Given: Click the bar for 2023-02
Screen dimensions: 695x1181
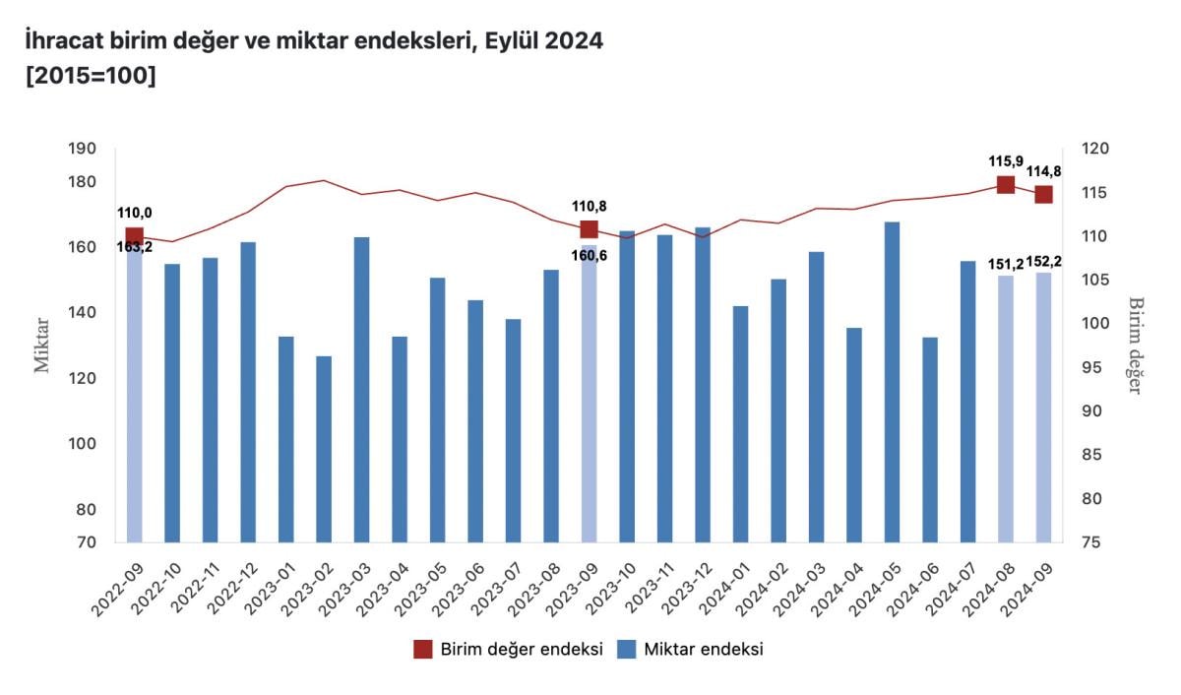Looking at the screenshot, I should tap(324, 448).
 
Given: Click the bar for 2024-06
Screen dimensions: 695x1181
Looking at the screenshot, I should tap(930, 439).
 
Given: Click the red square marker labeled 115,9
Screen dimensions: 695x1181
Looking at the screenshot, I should tap(1006, 184).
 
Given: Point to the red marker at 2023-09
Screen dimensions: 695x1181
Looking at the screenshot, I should tap(589, 229).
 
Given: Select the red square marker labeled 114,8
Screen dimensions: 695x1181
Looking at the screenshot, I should tap(1043, 194).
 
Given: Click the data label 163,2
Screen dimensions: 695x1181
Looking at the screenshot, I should tap(135, 247).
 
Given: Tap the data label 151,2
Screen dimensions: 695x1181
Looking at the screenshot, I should tap(1006, 263).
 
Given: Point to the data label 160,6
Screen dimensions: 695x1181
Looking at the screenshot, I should tap(589, 256).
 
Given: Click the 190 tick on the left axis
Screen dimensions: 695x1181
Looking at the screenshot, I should tap(83, 149).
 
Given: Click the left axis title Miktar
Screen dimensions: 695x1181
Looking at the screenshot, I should tap(42, 345).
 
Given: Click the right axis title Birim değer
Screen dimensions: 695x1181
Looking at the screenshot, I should tap(1135, 345).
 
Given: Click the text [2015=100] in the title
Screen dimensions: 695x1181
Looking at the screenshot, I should tap(92, 76).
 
